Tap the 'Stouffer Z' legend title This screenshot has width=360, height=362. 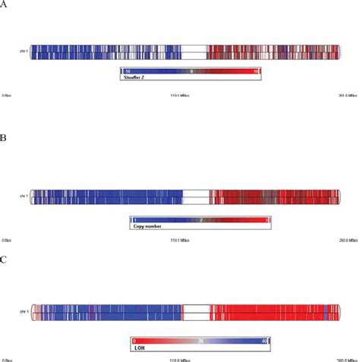136,77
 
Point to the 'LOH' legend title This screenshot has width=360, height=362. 140,348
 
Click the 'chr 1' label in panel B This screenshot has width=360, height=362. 23,197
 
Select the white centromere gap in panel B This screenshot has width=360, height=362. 196,197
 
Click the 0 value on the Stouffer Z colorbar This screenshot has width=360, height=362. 192,71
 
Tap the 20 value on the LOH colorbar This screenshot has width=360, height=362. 199,341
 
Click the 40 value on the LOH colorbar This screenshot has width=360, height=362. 264,341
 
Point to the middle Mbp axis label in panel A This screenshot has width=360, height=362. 178,94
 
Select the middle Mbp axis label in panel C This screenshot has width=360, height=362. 180,358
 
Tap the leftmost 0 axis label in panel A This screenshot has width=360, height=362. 7,94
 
